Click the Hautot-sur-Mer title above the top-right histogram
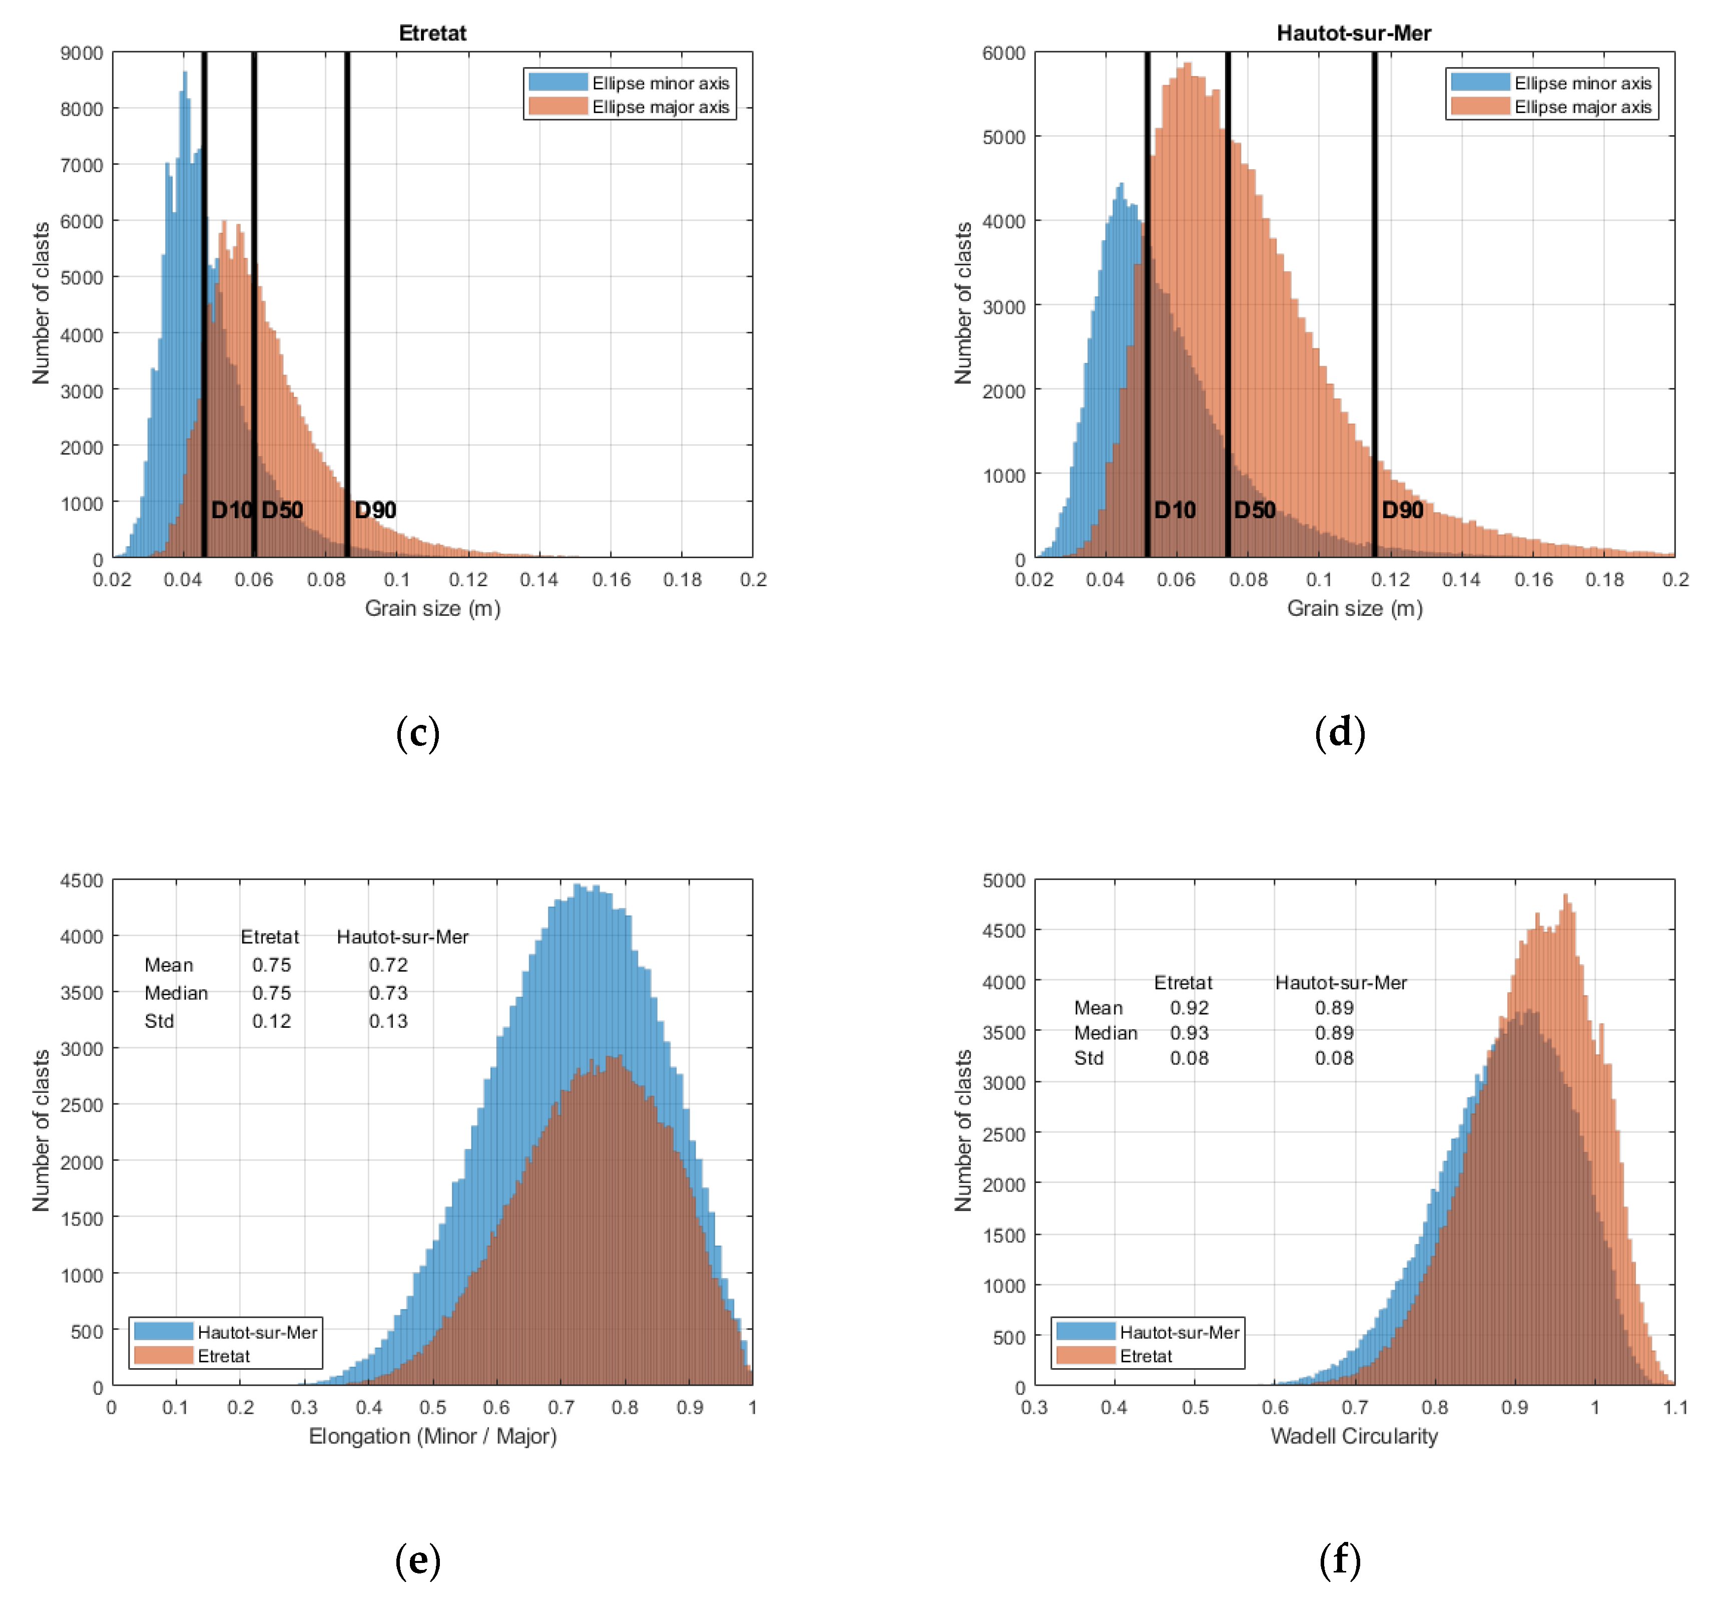(1353, 33)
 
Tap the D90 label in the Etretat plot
(375, 510)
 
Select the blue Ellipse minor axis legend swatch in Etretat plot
(557, 83)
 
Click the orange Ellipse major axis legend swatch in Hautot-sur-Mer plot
(1479, 107)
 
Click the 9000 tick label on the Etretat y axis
(82, 54)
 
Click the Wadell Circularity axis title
(1354, 1436)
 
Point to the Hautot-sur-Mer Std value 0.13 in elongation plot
(388, 1021)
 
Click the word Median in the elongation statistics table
(176, 993)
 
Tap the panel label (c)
(418, 732)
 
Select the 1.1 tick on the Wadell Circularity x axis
(1674, 1408)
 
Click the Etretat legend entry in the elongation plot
(224, 1356)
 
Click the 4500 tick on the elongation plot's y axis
(82, 881)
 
